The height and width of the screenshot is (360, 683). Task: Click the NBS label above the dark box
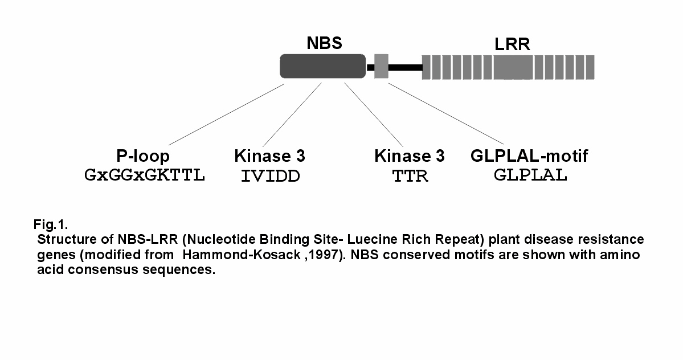point(325,43)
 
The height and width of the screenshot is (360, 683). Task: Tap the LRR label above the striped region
point(512,44)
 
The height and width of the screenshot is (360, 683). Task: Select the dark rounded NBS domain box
point(323,66)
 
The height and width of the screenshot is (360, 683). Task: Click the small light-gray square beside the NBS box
point(381,66)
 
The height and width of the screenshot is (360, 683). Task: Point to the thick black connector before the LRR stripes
point(405,67)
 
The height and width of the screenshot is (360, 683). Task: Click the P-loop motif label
point(143,156)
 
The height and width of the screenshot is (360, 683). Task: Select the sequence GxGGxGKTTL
point(144,175)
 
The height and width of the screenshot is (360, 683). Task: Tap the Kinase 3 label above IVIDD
point(269,156)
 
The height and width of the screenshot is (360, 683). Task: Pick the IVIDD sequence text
point(271,177)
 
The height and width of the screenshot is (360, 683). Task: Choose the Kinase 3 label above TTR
point(410,156)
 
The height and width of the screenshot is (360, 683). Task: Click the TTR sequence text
point(410,177)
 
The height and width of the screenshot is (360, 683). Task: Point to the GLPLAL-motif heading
point(529,156)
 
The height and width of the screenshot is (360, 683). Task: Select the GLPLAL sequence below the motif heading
point(530,175)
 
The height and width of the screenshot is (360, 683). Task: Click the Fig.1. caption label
point(51,224)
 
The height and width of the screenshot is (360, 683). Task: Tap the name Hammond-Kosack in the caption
point(242,255)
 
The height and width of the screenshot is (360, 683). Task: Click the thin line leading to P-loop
point(227,114)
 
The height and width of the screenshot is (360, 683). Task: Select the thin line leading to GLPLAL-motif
point(446,113)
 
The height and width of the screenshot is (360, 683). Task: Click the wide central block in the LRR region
point(513,67)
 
